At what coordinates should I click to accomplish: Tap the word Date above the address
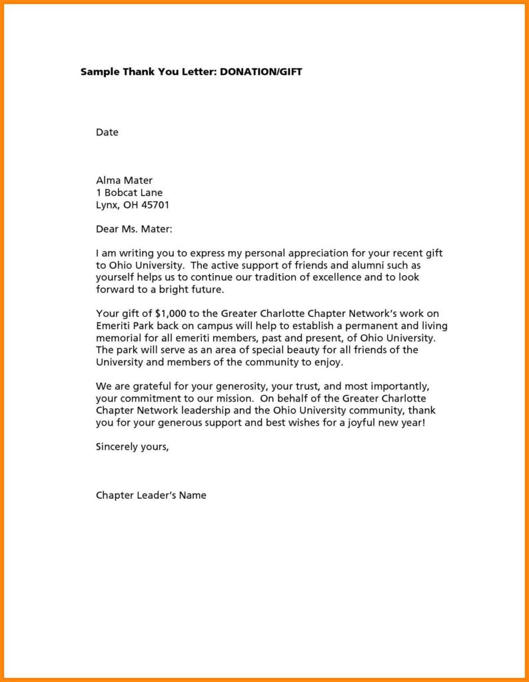click(x=107, y=133)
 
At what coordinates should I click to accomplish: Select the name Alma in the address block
click(x=107, y=180)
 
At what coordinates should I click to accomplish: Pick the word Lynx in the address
click(x=107, y=206)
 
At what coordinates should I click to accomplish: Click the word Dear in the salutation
click(x=108, y=230)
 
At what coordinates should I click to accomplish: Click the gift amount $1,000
click(x=171, y=314)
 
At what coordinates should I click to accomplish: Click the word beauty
click(x=302, y=350)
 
